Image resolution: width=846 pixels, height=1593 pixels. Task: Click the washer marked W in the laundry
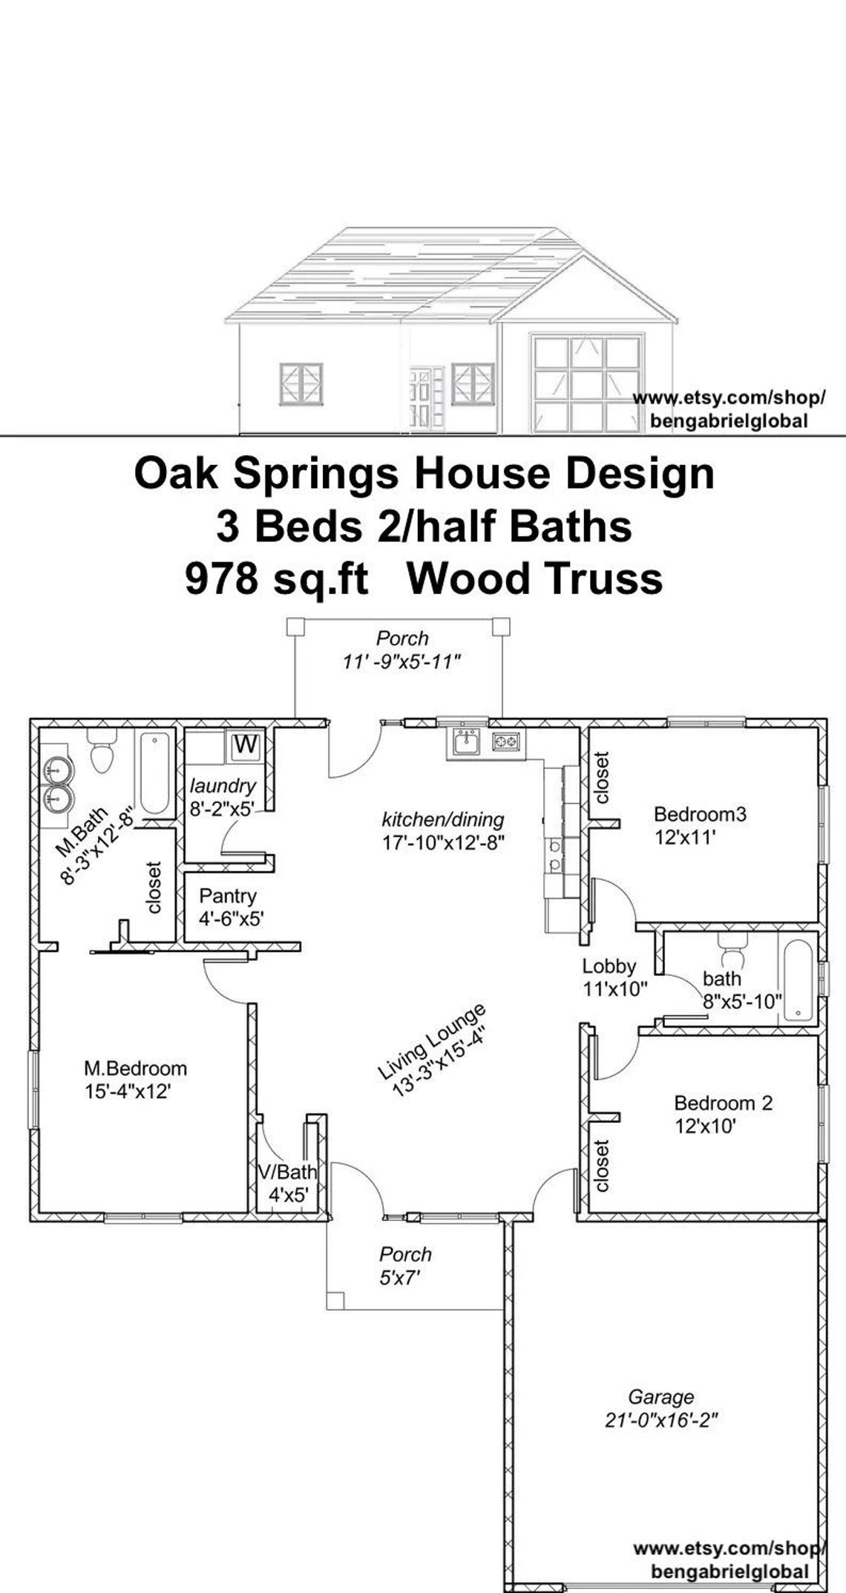point(246,744)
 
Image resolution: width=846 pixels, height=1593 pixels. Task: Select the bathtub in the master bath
point(154,773)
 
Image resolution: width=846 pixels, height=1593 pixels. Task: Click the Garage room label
point(660,1397)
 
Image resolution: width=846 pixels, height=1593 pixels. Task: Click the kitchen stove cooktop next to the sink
point(507,740)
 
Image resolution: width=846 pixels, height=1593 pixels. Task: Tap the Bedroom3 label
point(699,814)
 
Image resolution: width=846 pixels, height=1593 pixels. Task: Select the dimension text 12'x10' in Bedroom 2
point(705,1127)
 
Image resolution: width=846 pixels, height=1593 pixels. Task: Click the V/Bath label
point(286,1172)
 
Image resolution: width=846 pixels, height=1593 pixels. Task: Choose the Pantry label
point(227,896)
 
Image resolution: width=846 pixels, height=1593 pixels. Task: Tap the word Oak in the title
point(176,474)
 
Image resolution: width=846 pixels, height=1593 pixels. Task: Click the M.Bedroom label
point(135,1068)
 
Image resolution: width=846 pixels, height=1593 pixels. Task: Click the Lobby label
point(609,966)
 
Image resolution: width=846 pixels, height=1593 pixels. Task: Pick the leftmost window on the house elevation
point(301,384)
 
